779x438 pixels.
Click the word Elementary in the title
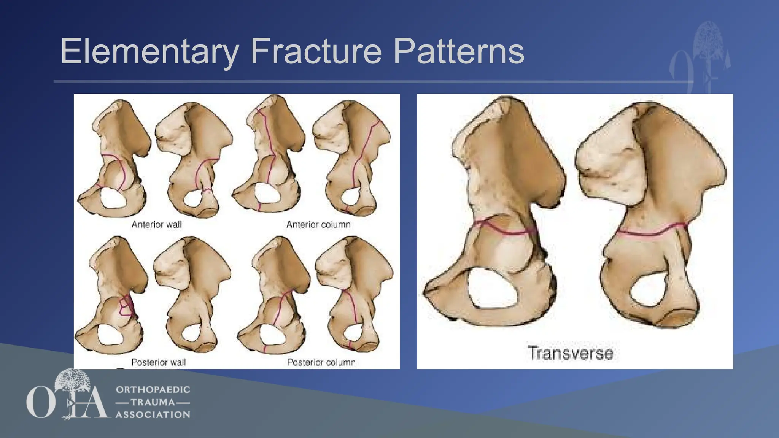click(x=149, y=51)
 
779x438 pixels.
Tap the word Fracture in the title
click(x=316, y=51)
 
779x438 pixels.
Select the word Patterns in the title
click(x=458, y=51)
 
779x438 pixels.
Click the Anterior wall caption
click(x=156, y=225)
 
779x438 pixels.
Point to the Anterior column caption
click(x=318, y=225)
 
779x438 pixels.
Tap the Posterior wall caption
click(x=159, y=362)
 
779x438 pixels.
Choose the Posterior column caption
click(x=321, y=362)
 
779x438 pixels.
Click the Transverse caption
click(x=570, y=353)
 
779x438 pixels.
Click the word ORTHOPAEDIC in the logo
click(x=153, y=390)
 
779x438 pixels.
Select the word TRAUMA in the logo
click(x=153, y=402)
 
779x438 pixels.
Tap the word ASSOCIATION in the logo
click(x=153, y=415)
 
